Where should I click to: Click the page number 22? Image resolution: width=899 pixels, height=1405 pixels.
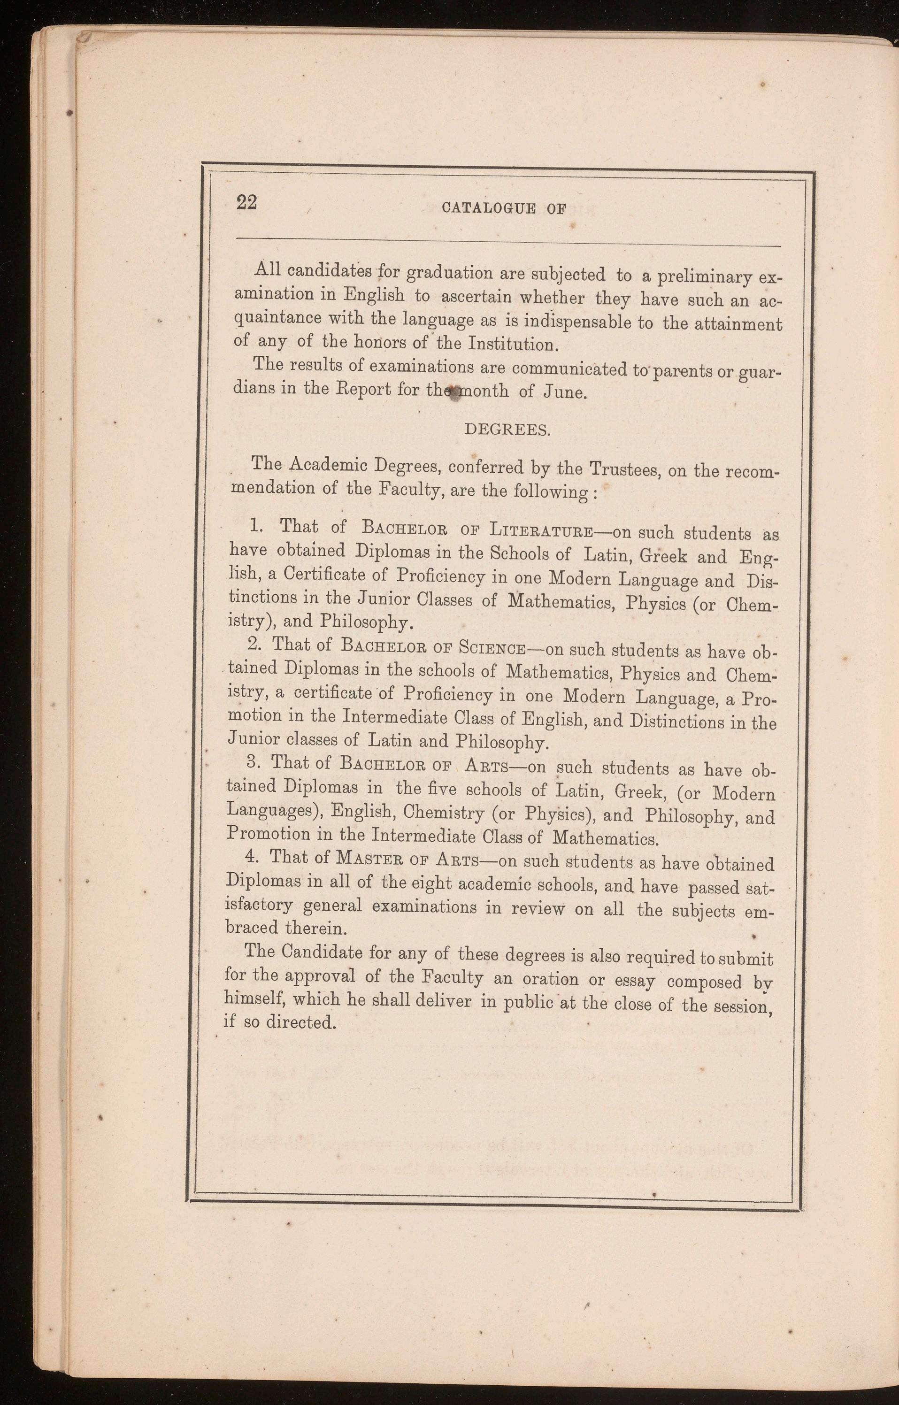246,202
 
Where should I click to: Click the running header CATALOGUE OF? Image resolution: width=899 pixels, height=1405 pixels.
504,209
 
